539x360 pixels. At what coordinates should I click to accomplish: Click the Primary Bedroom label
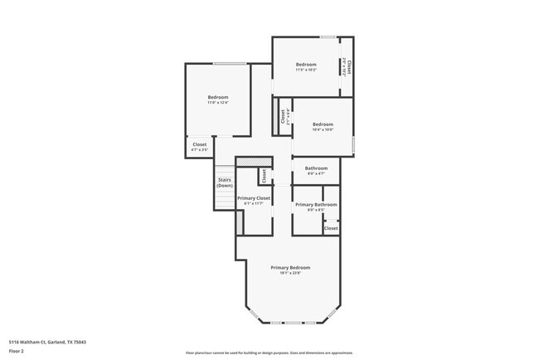290,267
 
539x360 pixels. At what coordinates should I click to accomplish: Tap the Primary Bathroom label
316,204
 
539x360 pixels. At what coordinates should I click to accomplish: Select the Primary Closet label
254,198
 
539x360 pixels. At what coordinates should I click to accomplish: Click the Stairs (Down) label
225,182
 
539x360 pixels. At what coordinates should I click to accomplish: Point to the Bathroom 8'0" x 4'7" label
317,168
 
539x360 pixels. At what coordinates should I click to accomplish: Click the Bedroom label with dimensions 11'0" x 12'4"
217,97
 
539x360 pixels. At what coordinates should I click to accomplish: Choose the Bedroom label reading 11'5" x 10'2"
306,64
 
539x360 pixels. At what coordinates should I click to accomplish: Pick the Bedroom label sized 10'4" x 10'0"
323,124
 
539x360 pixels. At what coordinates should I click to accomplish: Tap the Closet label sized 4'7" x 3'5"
200,144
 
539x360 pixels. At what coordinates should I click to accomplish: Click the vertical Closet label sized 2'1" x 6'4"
283,117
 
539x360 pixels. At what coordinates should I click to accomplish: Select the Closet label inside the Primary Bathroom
331,227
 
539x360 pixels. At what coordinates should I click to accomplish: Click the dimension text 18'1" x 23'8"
290,274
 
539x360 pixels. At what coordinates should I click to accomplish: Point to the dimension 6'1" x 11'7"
254,204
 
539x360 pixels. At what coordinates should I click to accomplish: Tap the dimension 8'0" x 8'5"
316,210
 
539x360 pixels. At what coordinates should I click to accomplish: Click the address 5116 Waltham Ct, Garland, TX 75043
47,342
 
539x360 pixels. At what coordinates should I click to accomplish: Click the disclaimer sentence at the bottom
269,353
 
